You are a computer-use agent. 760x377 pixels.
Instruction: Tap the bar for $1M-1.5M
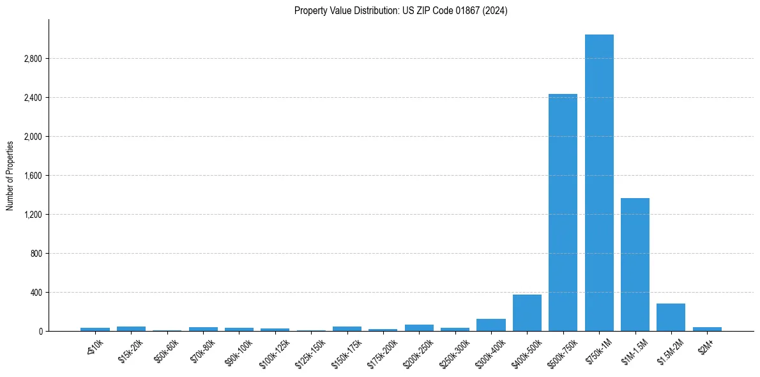[x=635, y=265]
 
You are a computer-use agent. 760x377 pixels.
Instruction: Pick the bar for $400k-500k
[x=527, y=313]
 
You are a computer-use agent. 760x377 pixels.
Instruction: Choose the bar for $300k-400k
[x=490, y=325]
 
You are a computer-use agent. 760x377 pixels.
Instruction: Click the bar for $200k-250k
[x=419, y=328]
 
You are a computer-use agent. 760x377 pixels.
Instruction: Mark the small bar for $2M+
[x=707, y=329]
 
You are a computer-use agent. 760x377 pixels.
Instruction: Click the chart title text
[x=401, y=11]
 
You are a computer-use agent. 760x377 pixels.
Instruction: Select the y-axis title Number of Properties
[x=10, y=176]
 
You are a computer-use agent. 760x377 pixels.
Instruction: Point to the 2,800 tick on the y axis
[x=33, y=59]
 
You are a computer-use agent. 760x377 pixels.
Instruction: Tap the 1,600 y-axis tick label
[x=33, y=176]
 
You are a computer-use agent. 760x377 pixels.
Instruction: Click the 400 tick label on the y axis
[x=36, y=293]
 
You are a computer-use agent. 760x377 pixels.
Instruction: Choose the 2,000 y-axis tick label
[x=33, y=137]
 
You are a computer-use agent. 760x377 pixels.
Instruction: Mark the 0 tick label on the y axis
[x=40, y=332]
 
